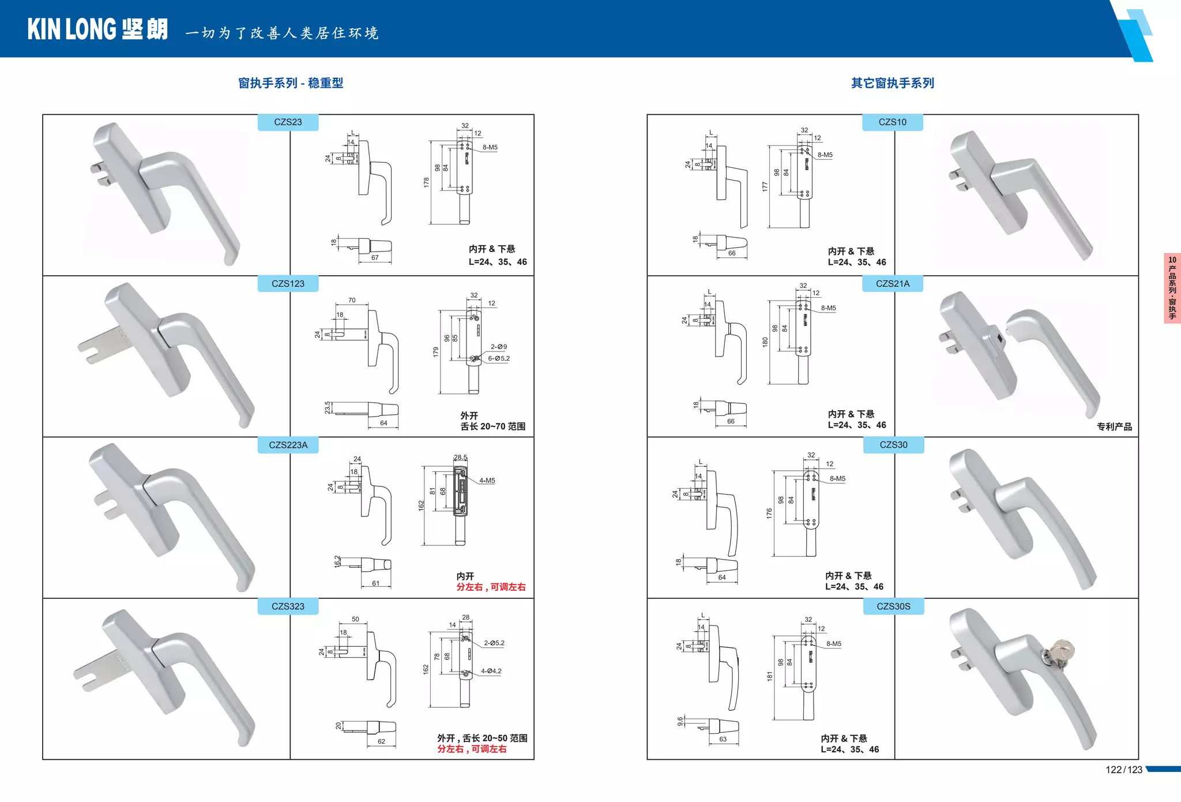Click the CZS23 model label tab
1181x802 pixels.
pos(288,122)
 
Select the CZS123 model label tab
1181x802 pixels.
pos(288,284)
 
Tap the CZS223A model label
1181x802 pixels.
pos(288,445)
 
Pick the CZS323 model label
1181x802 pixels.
pos(288,606)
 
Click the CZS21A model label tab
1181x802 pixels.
pos(892,284)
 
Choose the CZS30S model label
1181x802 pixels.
pos(893,606)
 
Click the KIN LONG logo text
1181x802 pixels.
pos(97,29)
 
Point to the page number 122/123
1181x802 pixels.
pos(1123,770)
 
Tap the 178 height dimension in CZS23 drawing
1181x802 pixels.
pos(426,182)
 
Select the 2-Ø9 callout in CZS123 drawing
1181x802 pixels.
pos(498,347)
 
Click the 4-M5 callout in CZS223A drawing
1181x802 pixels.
pos(487,481)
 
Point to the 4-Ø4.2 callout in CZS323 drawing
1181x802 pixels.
pos(491,671)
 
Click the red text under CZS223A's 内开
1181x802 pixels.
pos(491,587)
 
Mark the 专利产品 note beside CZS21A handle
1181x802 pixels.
pos(1114,427)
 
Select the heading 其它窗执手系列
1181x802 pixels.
pos(892,83)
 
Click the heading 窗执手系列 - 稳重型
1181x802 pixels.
pos(291,83)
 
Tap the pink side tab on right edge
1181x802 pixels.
pos(1172,288)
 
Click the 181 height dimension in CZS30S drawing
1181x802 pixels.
pos(769,676)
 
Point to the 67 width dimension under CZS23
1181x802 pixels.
pos(375,258)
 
